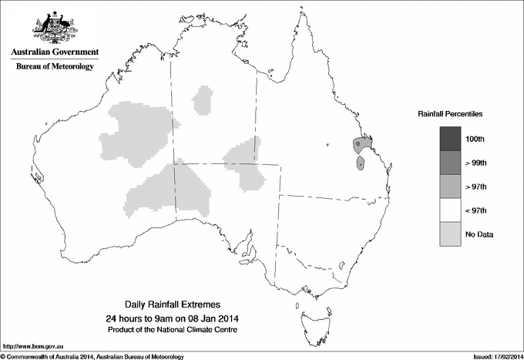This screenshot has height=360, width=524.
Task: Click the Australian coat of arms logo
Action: pyautogui.click(x=52, y=26)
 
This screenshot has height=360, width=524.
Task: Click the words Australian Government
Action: pyautogui.click(x=52, y=52)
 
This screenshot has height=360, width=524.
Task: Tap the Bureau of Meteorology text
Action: pyautogui.click(x=55, y=67)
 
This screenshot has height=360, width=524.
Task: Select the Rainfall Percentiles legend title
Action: pyautogui.click(x=450, y=113)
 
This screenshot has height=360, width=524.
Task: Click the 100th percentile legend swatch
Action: pyautogui.click(x=450, y=139)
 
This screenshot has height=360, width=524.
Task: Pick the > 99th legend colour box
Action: pyautogui.click(x=450, y=163)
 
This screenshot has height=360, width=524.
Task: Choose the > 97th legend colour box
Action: pyautogui.click(x=450, y=187)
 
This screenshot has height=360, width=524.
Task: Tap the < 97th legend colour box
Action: pyautogui.click(x=450, y=210)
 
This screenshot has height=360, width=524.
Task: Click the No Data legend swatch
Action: pyautogui.click(x=450, y=234)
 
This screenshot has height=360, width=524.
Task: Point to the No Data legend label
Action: pyautogui.click(x=479, y=234)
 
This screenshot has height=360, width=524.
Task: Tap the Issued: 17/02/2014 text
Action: pyautogui.click(x=492, y=356)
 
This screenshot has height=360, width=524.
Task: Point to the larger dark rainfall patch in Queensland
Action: pyautogui.click(x=362, y=143)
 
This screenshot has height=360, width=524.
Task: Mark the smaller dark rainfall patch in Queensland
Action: pyautogui.click(x=360, y=163)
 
